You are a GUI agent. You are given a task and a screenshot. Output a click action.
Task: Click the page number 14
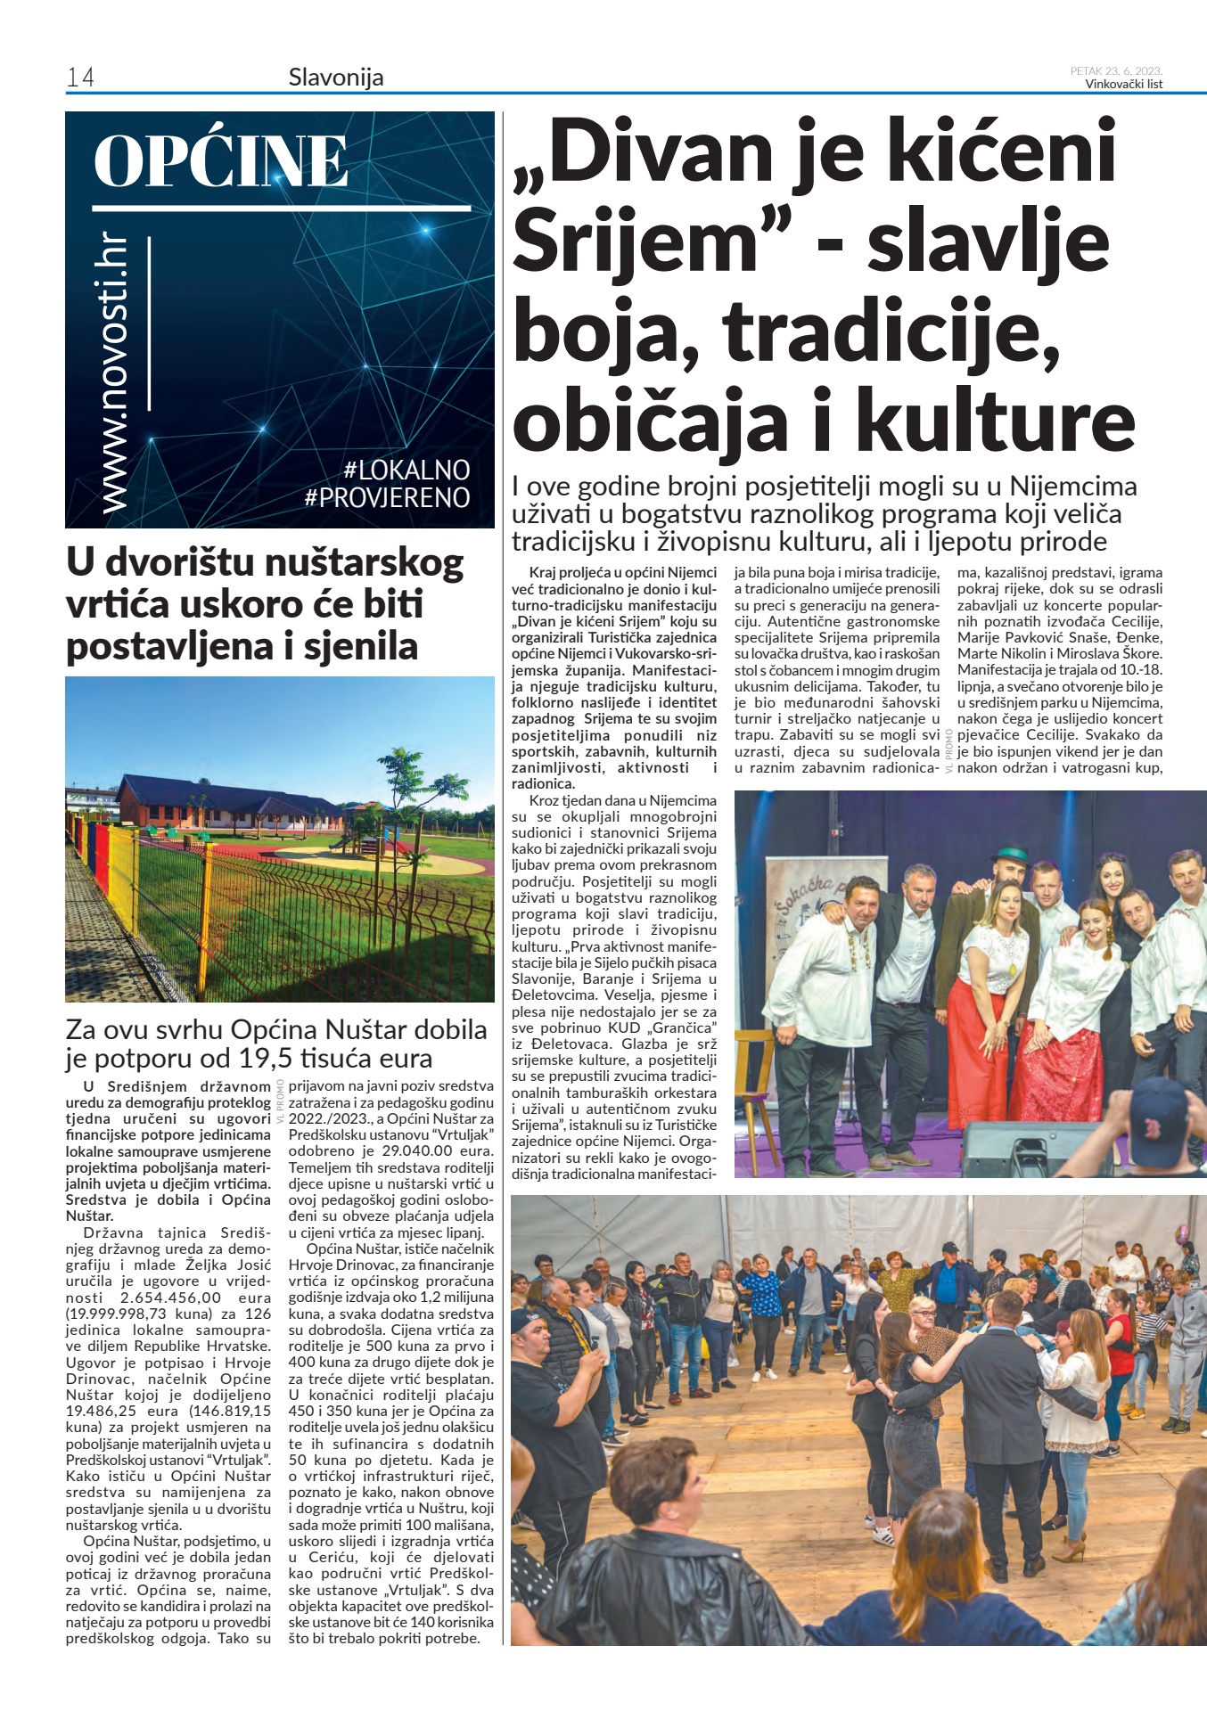tap(80, 78)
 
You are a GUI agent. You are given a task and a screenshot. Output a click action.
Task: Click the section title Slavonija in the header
tap(336, 78)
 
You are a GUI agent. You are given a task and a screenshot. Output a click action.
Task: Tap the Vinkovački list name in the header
tap(1123, 85)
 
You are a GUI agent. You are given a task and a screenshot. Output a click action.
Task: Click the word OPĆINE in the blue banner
tap(220, 161)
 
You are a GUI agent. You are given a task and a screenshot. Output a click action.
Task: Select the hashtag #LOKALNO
tap(406, 470)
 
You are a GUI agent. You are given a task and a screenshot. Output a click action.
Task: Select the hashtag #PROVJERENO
tap(387, 497)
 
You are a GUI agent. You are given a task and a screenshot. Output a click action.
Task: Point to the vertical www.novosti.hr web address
tap(114, 374)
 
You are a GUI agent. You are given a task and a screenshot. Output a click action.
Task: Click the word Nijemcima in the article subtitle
tap(1073, 487)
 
